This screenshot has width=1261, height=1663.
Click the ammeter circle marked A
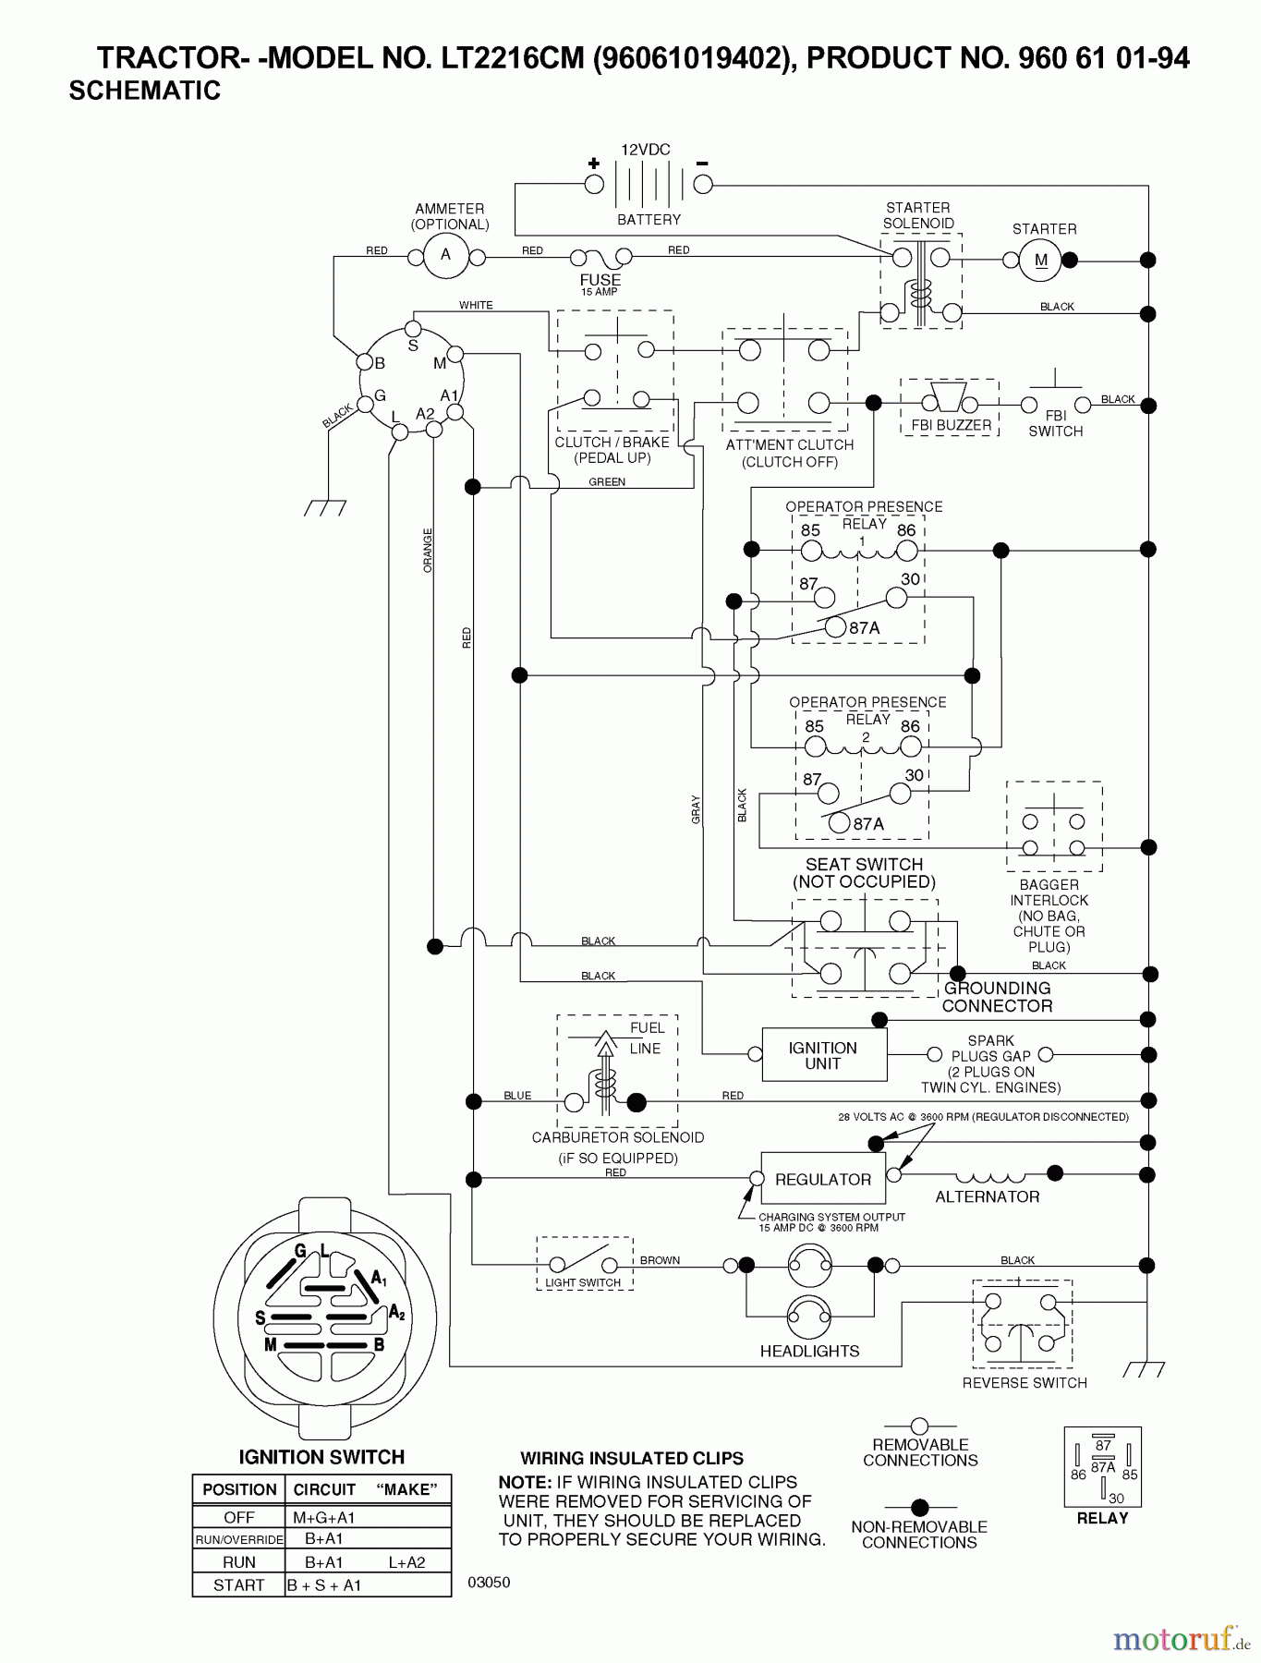[x=446, y=255]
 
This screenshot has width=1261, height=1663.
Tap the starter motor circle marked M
[x=1041, y=261]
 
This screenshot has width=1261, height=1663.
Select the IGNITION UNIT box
[x=823, y=1055]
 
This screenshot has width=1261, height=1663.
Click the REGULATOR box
[x=823, y=1179]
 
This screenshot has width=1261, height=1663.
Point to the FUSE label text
[x=600, y=280]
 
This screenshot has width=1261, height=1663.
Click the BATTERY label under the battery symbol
[x=649, y=220]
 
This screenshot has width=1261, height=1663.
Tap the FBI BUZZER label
[x=951, y=425]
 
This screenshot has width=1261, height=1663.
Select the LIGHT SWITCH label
[x=583, y=1282]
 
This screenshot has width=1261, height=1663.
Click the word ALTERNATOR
[x=987, y=1196]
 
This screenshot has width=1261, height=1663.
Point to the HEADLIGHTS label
[x=809, y=1351]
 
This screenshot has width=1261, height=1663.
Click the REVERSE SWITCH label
[x=1025, y=1383]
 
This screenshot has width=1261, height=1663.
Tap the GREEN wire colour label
[x=607, y=482]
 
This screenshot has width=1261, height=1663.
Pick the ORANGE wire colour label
[x=428, y=551]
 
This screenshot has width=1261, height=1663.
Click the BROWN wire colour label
[x=660, y=1260]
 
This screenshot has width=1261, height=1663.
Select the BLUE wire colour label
[x=517, y=1096]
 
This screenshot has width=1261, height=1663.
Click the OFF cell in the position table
[x=239, y=1517]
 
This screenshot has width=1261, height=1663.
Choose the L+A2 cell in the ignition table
[x=406, y=1562]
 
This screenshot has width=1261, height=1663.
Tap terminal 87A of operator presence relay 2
[x=839, y=823]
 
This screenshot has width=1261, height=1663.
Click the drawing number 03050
[x=489, y=1582]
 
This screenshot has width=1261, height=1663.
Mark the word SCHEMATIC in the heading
[x=145, y=91]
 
